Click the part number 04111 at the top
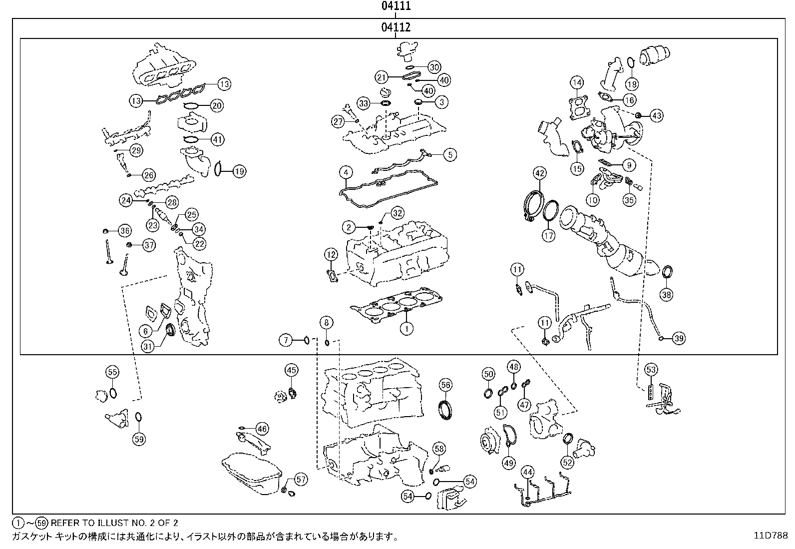396,6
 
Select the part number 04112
396,27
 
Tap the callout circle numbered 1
406,328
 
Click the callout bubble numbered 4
346,172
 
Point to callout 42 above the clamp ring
539,173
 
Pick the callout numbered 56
445,385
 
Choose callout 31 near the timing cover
148,346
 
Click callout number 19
240,171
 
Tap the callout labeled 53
651,370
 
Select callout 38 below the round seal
667,294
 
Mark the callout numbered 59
139,439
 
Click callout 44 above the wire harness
528,472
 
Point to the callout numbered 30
434,67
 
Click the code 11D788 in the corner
771,536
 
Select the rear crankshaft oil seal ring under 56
445,410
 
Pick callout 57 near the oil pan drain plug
301,480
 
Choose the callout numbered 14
577,83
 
